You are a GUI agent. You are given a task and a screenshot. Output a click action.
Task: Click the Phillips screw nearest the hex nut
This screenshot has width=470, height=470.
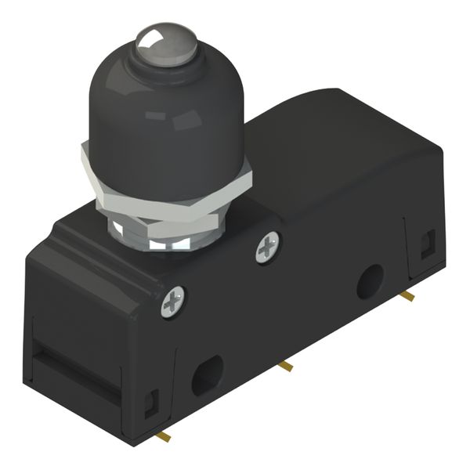pos(268,249)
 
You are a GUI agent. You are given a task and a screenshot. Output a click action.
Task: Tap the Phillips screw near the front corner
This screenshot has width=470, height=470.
pos(173,302)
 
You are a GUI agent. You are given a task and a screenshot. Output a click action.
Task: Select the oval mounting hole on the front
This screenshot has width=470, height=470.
pos(208,374)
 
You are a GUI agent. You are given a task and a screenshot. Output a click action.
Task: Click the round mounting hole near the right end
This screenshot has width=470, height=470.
pos(370,282)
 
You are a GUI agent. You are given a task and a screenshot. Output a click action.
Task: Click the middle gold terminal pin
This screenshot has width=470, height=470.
pos(287,365)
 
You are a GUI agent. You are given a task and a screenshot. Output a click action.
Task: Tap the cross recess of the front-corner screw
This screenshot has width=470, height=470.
pos(173,302)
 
